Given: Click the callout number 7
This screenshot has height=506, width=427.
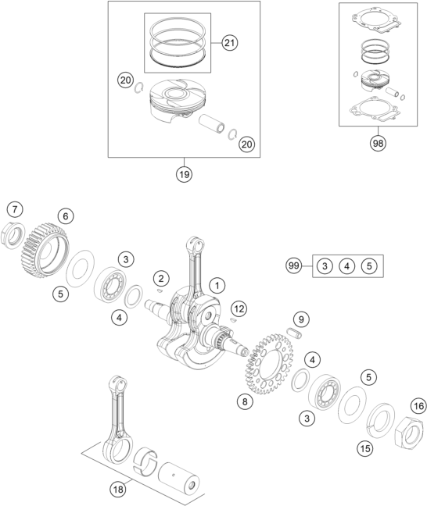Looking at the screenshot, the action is click(x=15, y=209).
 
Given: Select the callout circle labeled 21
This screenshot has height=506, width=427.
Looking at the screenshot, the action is click(x=229, y=43).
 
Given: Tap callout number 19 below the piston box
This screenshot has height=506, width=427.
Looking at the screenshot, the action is click(x=184, y=174).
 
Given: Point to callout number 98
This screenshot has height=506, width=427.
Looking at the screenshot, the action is click(x=378, y=143).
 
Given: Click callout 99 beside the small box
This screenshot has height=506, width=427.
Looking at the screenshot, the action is click(x=293, y=266).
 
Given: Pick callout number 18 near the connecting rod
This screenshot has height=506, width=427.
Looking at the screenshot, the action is click(x=118, y=490).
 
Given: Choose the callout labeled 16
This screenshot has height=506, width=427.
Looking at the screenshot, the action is click(x=418, y=406).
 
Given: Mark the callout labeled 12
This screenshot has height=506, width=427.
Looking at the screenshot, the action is click(x=239, y=309).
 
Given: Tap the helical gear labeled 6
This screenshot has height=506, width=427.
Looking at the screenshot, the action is click(x=45, y=251).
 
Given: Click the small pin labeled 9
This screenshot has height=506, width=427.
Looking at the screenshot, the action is click(x=295, y=333).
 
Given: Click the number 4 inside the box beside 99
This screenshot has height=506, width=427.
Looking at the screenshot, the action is click(x=346, y=266).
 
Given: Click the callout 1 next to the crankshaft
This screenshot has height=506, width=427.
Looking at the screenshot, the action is click(x=217, y=286).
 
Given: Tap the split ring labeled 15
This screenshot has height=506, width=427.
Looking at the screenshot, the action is click(x=381, y=420).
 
